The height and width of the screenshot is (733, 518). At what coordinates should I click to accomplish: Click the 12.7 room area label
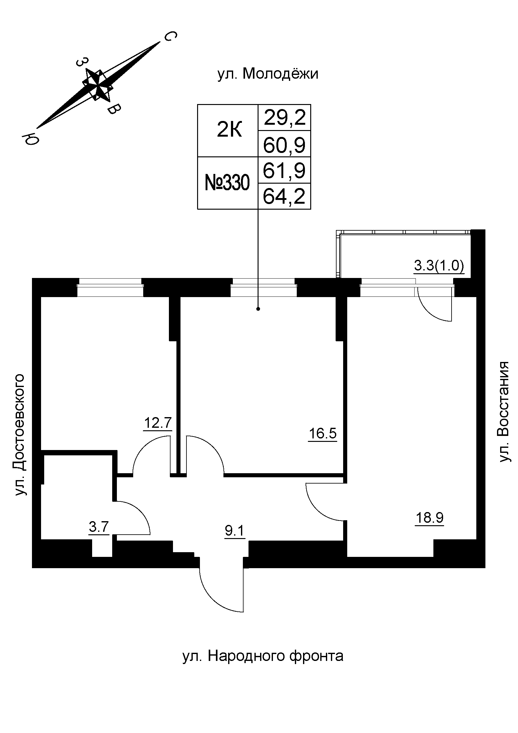coord(158,423)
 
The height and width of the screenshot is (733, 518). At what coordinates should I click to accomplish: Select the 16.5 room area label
coord(322,433)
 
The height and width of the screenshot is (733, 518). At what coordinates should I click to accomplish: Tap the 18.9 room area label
coord(429,517)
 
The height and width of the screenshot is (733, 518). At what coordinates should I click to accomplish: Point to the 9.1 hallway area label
coord(235,531)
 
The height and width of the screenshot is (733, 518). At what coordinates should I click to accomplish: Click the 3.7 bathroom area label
coord(99,526)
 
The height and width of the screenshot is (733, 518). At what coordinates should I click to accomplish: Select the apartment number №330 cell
coord(227,183)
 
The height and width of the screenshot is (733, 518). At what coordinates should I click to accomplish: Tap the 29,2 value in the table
coord(285,118)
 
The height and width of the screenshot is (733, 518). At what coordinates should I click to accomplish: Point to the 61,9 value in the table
coord(284,170)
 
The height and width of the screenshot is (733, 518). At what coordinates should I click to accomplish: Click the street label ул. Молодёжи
coord(268,74)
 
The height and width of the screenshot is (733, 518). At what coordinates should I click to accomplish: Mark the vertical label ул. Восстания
coord(504,412)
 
